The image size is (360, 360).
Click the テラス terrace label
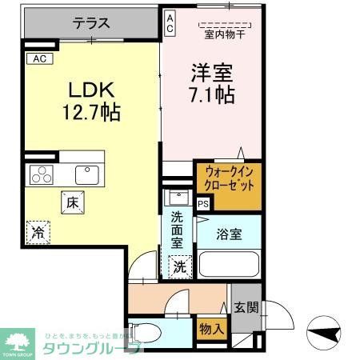(x=91, y=23)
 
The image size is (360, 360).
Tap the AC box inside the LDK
(x=38, y=58)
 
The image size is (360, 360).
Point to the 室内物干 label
(x=225, y=34)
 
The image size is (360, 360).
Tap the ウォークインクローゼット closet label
(x=228, y=178)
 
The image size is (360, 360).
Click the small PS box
(x=202, y=204)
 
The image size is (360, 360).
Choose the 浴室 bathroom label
(x=228, y=234)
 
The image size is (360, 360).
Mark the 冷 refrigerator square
(x=38, y=233)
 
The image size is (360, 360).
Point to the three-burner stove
(x=41, y=174)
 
